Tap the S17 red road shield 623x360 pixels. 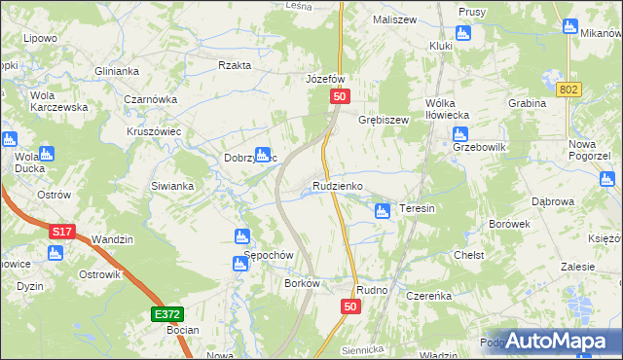pyautogui.click(x=62, y=232)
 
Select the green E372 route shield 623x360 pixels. pyautogui.click(x=167, y=314)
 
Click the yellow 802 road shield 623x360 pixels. pyautogui.click(x=570, y=90)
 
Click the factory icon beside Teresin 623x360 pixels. pyautogui.click(x=383, y=210)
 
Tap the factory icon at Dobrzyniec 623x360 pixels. pyautogui.click(x=262, y=154)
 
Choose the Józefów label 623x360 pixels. pyautogui.click(x=326, y=79)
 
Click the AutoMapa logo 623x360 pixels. pyautogui.click(x=556, y=340)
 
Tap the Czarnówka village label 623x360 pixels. pyautogui.click(x=151, y=98)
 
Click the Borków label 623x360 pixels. pyautogui.click(x=303, y=283)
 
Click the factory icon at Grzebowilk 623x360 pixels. pyautogui.click(x=460, y=136)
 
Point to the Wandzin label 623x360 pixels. pyautogui.click(x=111, y=238)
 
